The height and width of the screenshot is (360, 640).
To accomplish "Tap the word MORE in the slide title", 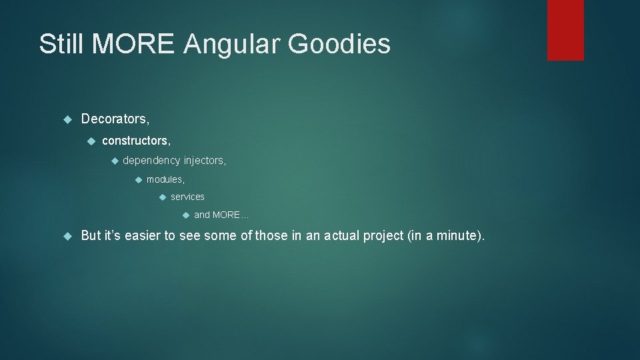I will coord(133,44).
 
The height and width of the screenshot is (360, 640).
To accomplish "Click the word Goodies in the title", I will coord(339,44).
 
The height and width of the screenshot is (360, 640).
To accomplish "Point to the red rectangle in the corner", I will coord(565,30).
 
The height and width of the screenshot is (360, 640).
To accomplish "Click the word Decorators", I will coord(115,119).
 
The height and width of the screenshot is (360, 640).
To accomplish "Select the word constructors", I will coord(136,141).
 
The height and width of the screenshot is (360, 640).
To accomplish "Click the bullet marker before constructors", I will coord(91,141).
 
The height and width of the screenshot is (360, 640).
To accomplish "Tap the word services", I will coord(187,197).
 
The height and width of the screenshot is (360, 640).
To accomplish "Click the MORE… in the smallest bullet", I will coord(231,215).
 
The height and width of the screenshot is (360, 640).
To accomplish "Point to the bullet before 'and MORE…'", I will coord(186,215).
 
